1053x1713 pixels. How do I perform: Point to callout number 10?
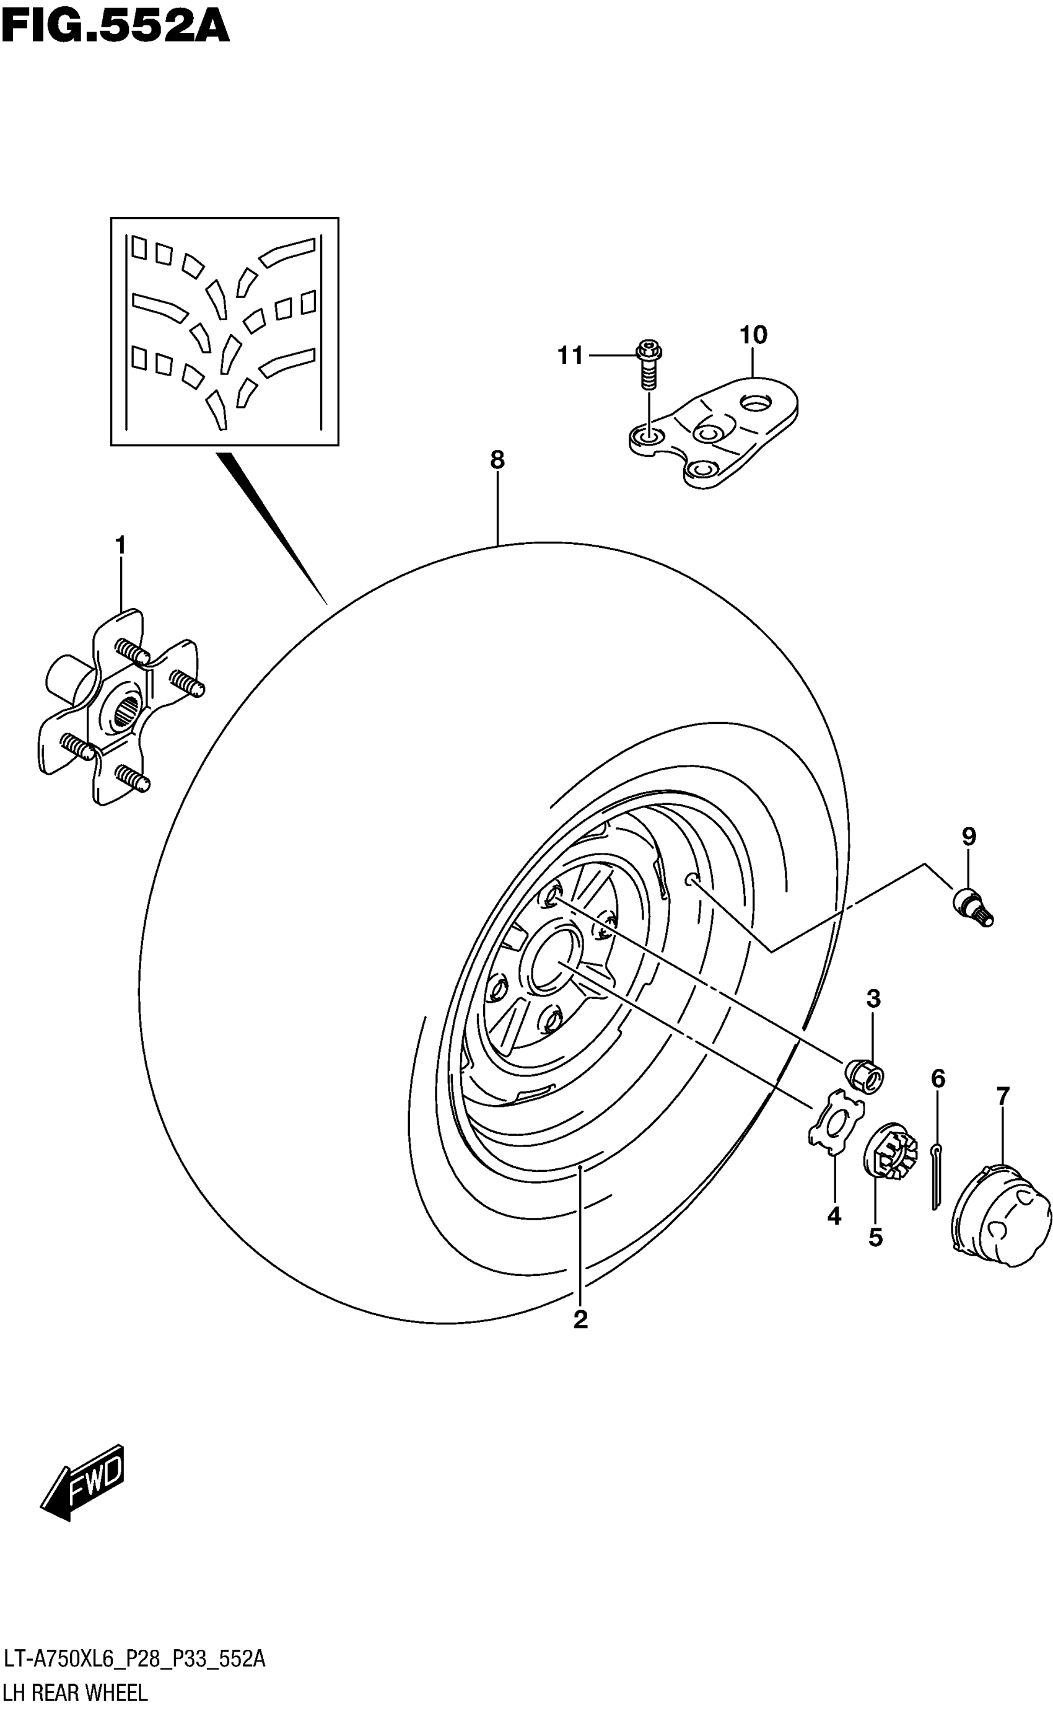coord(753,335)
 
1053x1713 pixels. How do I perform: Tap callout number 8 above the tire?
coord(497,460)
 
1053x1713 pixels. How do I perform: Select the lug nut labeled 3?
coord(864,1076)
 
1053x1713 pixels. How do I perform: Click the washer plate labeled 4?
coord(835,1122)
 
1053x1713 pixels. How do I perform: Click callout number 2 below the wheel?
coord(581,1319)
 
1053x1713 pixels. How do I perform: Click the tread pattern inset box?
coord(224,332)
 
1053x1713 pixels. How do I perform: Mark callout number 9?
coord(969,836)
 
